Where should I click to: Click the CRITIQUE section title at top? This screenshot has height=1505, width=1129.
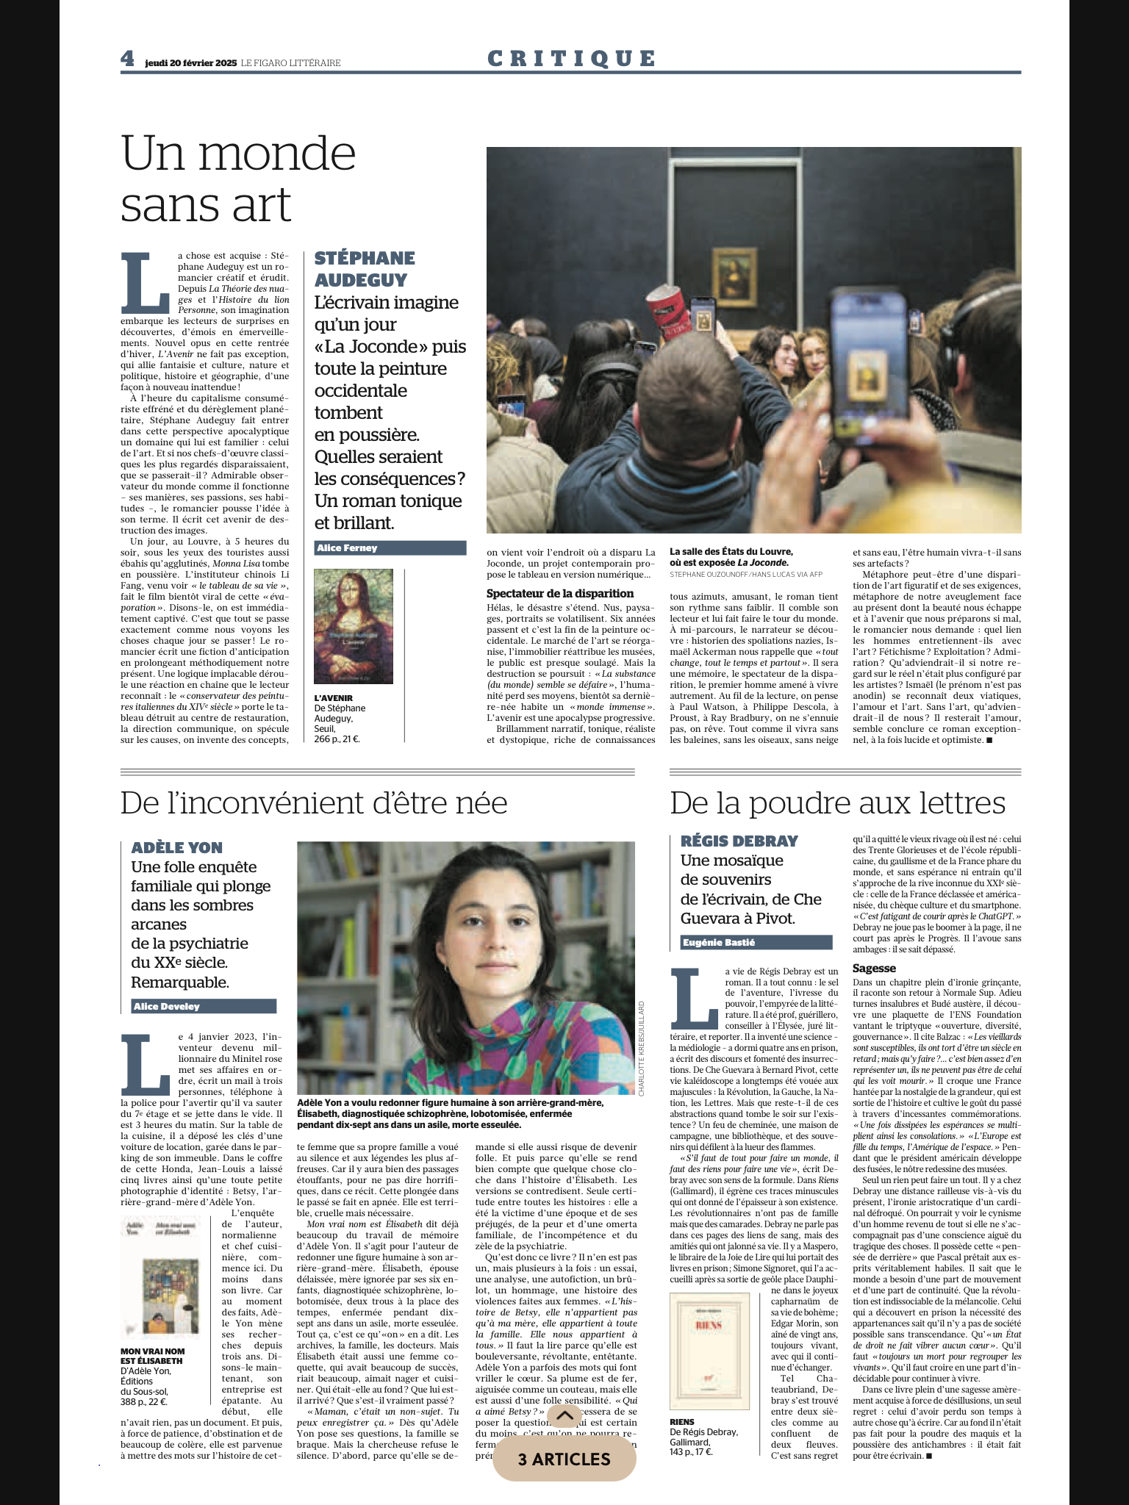571,58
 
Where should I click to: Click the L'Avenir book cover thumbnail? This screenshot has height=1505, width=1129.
353,626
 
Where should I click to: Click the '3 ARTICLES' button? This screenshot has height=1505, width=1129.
564,1459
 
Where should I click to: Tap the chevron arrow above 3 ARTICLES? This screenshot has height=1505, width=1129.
564,1415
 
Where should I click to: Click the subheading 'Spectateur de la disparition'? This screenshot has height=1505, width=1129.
560,593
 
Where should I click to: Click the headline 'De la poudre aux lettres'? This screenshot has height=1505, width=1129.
837,803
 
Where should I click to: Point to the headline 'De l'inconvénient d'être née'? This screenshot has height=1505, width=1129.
314,803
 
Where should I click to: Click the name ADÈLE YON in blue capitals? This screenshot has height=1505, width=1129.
176,847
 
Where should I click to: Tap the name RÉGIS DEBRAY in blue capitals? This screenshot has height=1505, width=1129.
728,841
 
